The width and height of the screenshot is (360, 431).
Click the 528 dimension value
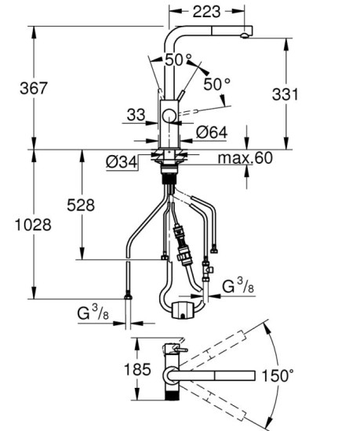[81, 205]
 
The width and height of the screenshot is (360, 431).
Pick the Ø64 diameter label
[211, 133]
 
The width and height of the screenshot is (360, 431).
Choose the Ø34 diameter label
[122, 162]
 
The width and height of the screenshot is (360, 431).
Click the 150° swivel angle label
[280, 375]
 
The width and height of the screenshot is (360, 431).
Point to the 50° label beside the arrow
[216, 82]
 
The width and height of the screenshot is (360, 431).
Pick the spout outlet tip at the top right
[248, 34]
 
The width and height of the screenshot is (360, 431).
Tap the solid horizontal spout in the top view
[216, 376]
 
